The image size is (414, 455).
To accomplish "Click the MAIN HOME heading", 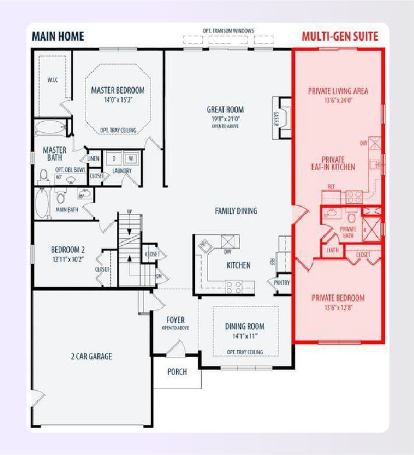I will [58, 36].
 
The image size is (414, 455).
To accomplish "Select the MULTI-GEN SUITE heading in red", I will [340, 36].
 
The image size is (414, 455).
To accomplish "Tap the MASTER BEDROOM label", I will [117, 90].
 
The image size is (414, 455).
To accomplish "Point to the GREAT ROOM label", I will [225, 110].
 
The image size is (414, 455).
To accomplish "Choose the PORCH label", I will [177, 372].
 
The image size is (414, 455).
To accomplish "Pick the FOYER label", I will [175, 320].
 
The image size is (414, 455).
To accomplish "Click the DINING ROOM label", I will [244, 326].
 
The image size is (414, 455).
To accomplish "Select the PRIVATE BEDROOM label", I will [338, 298].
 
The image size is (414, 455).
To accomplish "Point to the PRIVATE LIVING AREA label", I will [338, 91].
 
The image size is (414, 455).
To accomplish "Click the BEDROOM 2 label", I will [67, 251].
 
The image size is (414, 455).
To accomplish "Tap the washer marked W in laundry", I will [131, 158].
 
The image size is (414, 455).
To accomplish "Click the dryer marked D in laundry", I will [113, 158].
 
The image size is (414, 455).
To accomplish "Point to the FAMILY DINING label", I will [235, 211].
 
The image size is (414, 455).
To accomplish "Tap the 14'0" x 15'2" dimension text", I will [117, 100].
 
